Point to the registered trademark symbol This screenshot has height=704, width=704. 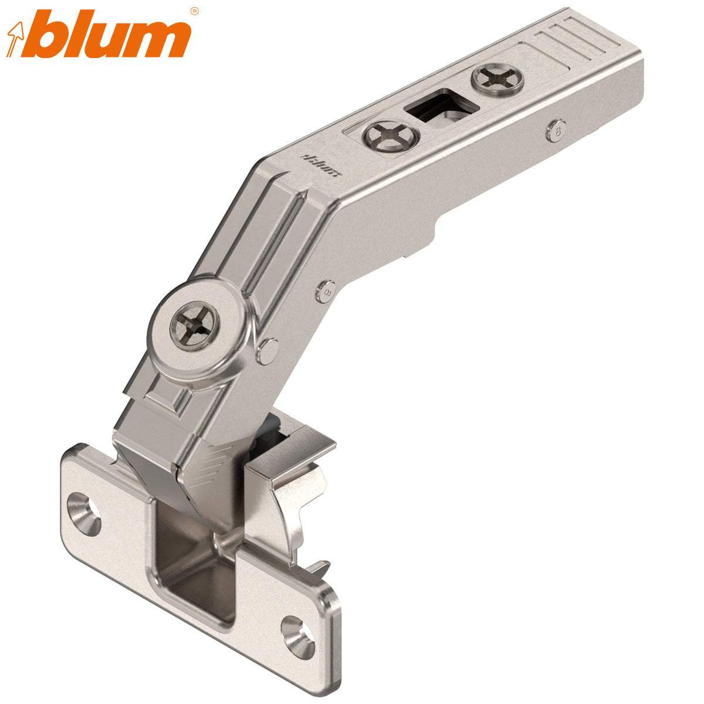pyautogui.click(x=195, y=11)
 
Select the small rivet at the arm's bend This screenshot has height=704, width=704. pyautogui.click(x=327, y=289)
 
